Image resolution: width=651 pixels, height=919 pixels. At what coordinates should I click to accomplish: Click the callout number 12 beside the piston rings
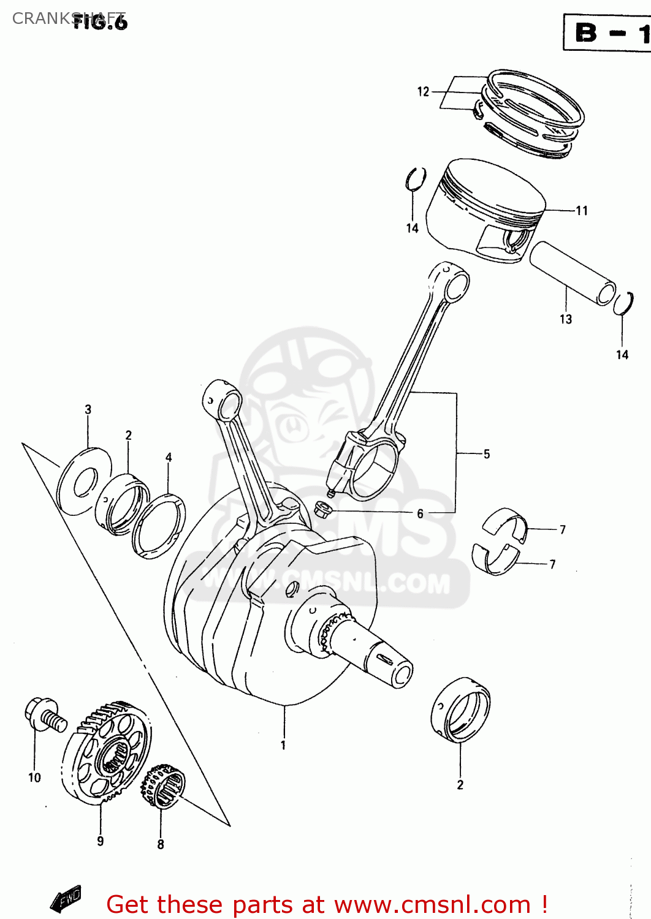(x=423, y=92)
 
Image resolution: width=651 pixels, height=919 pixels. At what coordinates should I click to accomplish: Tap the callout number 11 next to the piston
(x=582, y=211)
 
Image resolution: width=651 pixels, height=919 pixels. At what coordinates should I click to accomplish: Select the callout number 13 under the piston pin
(x=566, y=319)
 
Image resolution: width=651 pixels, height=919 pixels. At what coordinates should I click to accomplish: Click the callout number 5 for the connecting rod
(x=487, y=454)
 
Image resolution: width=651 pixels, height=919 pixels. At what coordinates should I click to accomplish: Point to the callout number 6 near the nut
(x=420, y=513)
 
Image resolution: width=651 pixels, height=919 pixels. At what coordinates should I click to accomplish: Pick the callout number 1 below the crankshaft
(x=283, y=746)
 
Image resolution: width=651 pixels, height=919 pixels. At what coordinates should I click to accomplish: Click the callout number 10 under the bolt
(x=34, y=777)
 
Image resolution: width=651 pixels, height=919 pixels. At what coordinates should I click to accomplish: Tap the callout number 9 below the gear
(x=101, y=841)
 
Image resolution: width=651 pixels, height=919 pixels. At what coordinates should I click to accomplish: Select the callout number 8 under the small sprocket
(x=161, y=844)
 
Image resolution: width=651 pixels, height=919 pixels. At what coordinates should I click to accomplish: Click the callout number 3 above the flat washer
(x=88, y=409)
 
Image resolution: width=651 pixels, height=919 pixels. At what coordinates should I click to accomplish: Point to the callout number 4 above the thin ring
(x=169, y=457)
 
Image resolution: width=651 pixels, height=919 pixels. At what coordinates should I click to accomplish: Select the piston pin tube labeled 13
(x=573, y=273)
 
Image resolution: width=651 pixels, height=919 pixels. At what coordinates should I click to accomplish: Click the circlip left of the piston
(x=416, y=179)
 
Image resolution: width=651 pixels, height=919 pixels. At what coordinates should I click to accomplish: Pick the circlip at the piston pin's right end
(x=624, y=303)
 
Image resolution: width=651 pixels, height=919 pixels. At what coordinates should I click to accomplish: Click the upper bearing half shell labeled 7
(x=504, y=523)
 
